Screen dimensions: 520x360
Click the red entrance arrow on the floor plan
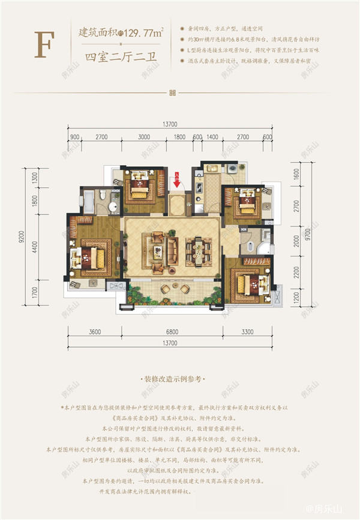coord(177,178)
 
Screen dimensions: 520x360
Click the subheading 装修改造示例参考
coord(172,381)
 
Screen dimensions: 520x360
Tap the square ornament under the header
coord(172,92)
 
